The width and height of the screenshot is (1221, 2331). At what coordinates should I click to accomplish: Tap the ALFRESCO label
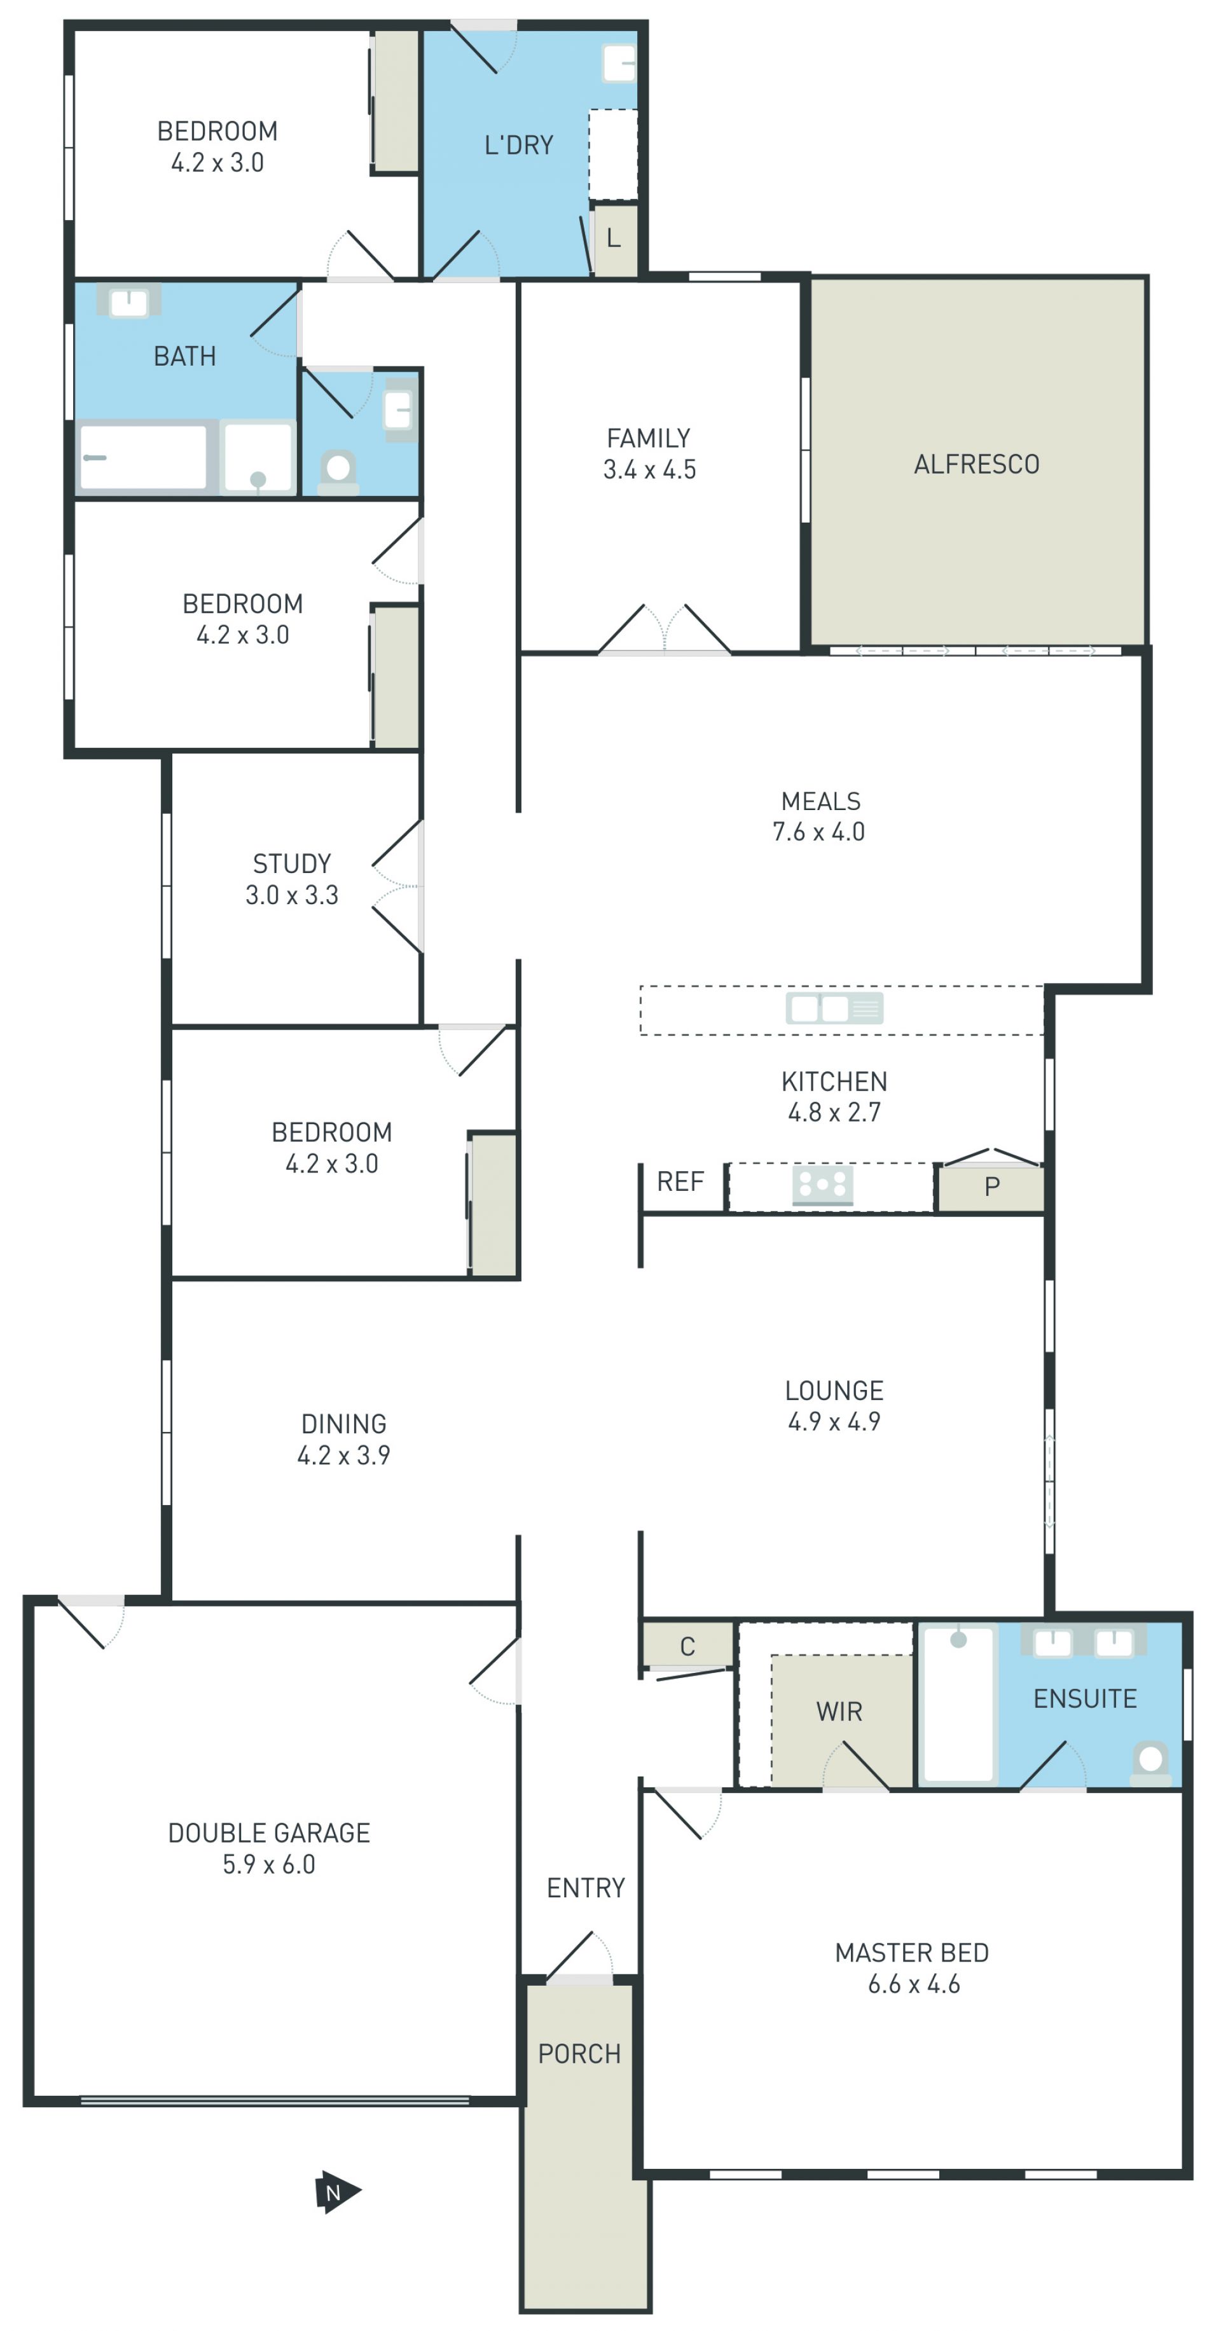click(977, 464)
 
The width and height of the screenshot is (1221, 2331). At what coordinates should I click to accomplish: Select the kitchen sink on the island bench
click(834, 1007)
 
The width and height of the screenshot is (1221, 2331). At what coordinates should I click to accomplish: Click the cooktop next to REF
click(823, 1185)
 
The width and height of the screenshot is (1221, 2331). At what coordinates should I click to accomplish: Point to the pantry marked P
click(990, 1187)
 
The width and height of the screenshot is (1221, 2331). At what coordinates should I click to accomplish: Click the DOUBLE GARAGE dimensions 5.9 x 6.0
click(269, 1864)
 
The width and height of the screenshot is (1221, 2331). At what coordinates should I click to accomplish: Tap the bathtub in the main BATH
click(143, 457)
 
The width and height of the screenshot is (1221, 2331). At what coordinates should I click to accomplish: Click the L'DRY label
click(519, 145)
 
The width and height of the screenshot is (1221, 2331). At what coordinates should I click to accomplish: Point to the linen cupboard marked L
click(614, 240)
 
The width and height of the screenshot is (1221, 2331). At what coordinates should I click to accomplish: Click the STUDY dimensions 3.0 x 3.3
click(291, 895)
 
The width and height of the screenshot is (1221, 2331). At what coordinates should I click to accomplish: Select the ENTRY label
click(586, 1888)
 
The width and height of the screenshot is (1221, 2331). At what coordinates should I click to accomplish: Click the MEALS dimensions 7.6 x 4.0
click(818, 832)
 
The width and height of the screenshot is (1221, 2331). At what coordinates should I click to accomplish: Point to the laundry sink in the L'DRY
click(620, 64)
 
